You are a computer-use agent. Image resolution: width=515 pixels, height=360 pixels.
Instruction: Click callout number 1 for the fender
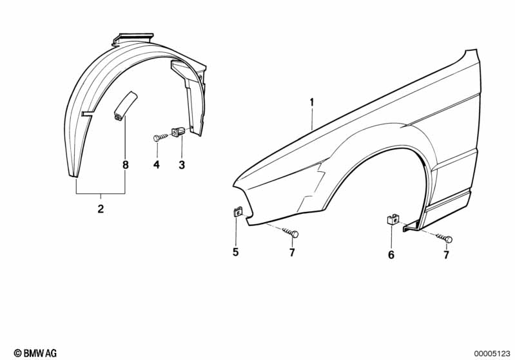[312, 102]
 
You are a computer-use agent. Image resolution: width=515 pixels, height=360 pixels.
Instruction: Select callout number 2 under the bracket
[101, 209]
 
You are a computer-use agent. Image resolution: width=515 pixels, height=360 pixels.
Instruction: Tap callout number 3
[182, 165]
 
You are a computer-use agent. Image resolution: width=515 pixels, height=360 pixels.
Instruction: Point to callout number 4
[157, 165]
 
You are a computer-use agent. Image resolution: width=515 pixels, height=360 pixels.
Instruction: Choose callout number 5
[235, 252]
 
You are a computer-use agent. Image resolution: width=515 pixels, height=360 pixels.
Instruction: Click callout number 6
[391, 254]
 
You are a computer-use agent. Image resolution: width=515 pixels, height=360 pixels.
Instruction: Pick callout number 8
[126, 165]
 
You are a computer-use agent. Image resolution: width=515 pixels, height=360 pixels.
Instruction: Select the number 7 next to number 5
[292, 252]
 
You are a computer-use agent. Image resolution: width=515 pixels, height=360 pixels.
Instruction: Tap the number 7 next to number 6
[446, 254]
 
